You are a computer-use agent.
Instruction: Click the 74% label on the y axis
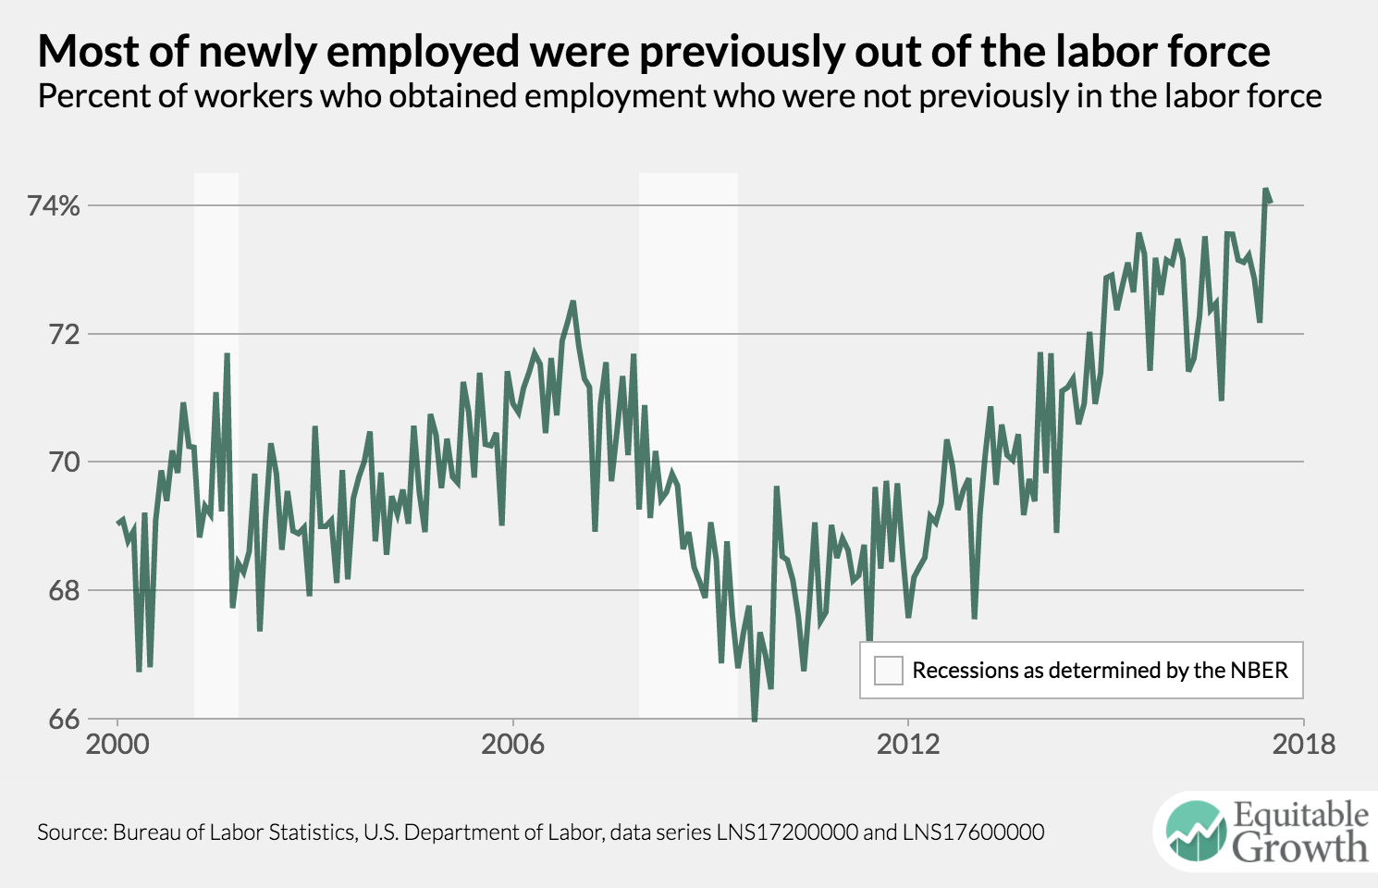(x=54, y=205)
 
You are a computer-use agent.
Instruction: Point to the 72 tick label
(x=64, y=334)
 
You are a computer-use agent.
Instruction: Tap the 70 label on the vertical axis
(x=64, y=462)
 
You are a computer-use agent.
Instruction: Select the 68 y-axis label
(x=64, y=590)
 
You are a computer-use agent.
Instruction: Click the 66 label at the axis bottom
(x=64, y=719)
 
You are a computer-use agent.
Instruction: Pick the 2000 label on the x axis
(x=117, y=744)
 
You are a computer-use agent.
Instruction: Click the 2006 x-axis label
(x=512, y=744)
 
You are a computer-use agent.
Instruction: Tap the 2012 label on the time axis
(x=908, y=744)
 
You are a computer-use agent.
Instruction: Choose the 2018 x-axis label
(x=1303, y=744)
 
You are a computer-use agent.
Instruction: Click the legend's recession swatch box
(x=888, y=671)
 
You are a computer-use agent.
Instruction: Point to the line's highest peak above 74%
(x=1265, y=190)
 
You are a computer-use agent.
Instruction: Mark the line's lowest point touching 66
(x=755, y=719)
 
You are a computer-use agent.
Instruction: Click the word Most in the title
(x=88, y=52)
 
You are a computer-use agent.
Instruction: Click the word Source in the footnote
(x=70, y=832)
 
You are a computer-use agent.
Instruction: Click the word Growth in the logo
(x=1299, y=847)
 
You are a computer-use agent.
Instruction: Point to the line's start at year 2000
(x=118, y=523)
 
